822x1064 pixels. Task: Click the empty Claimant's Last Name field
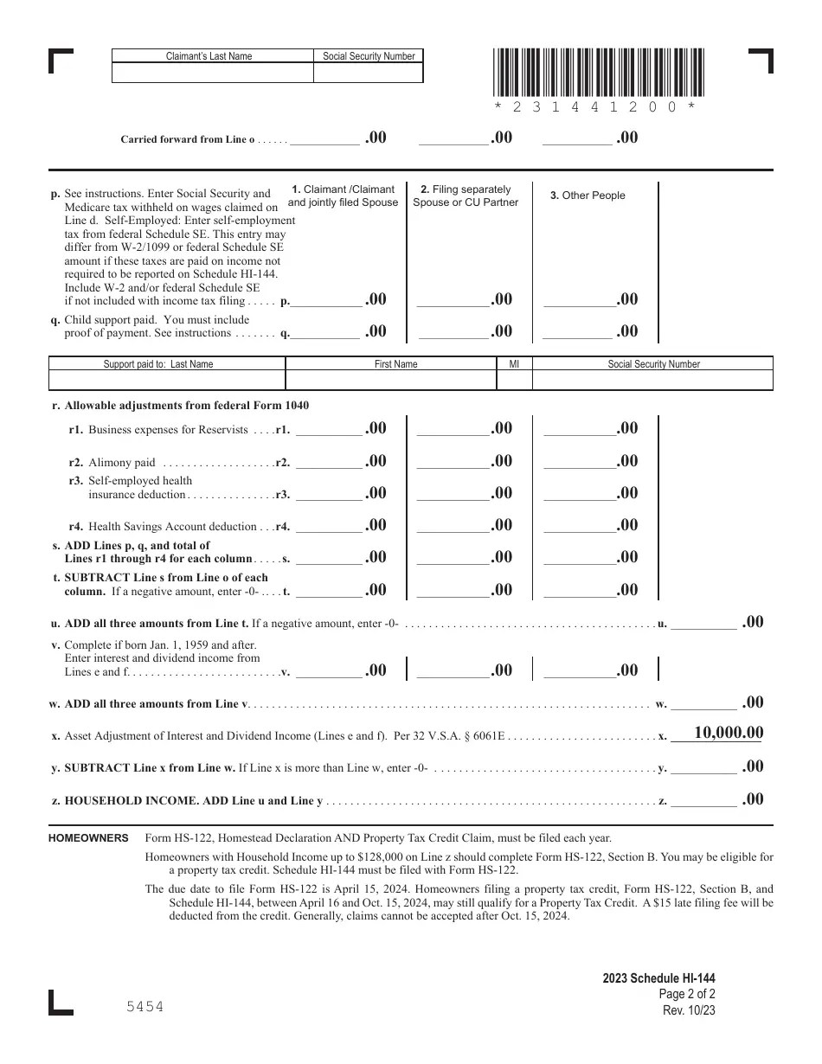(x=212, y=74)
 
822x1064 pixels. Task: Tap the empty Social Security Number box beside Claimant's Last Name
(x=368, y=74)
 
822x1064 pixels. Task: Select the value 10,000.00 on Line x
(x=728, y=733)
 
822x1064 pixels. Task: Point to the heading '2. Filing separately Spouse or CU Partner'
(x=466, y=195)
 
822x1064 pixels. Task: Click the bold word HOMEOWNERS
(x=89, y=838)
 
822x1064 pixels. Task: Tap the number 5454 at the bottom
(x=144, y=1007)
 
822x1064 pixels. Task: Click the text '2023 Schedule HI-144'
(x=659, y=979)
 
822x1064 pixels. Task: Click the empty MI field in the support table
(x=514, y=381)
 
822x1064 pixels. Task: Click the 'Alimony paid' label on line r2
(x=122, y=463)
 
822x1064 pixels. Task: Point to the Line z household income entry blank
(x=704, y=799)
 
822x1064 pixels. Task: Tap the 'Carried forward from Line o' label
(x=188, y=139)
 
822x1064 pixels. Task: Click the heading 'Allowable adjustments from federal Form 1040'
(x=186, y=406)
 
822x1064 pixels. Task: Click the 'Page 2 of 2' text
(x=687, y=995)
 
